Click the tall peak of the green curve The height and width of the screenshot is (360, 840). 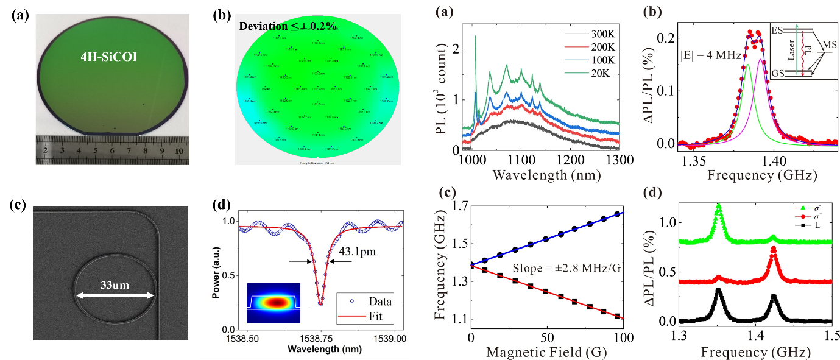click(x=719, y=207)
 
